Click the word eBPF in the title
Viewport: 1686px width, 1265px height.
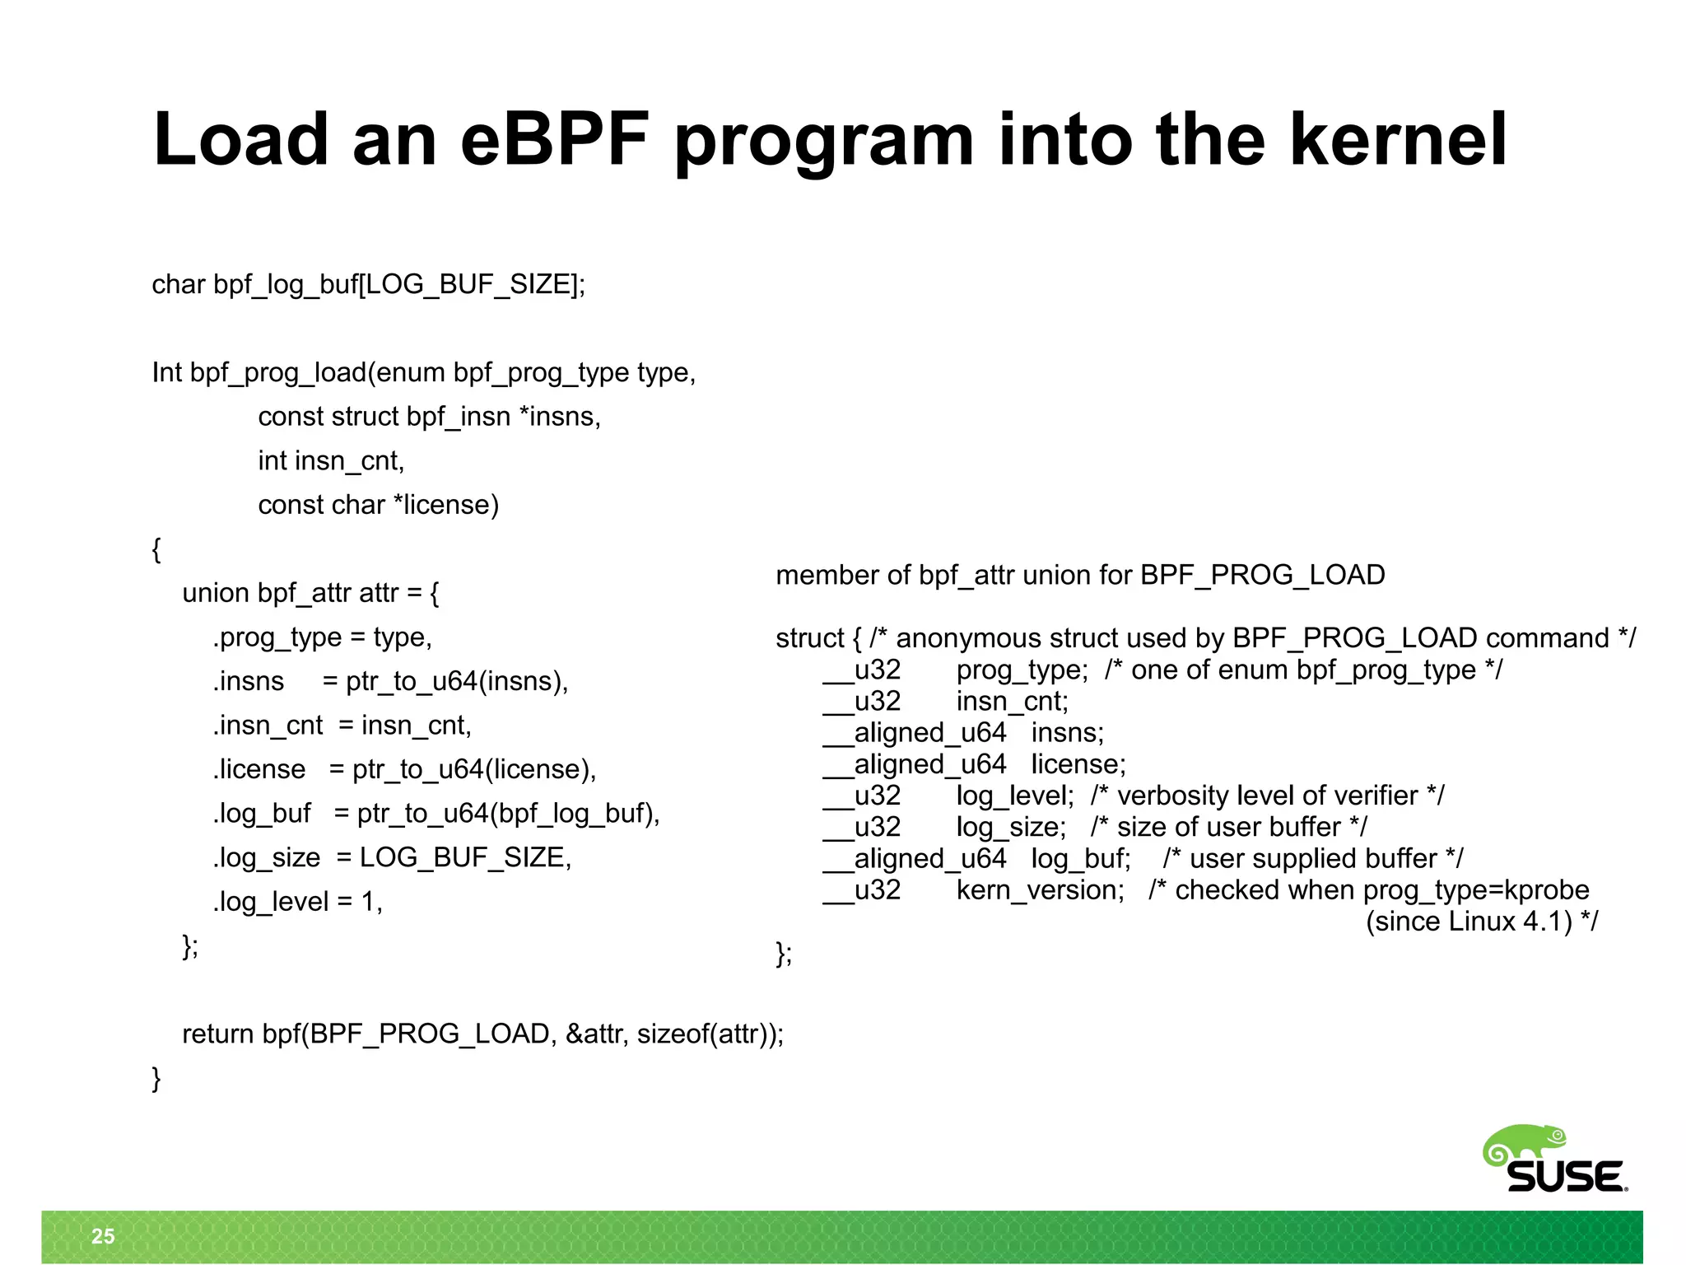(554, 140)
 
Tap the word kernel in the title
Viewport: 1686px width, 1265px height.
(1397, 140)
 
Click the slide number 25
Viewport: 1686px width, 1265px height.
(103, 1235)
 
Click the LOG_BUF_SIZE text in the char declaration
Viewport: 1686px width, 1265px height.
(468, 285)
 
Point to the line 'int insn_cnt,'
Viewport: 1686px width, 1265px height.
(331, 460)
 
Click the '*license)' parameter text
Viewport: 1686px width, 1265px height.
(446, 505)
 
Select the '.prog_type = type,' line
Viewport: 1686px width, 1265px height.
(322, 637)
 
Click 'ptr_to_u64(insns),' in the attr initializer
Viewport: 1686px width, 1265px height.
(457, 682)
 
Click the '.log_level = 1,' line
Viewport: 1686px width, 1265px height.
(298, 902)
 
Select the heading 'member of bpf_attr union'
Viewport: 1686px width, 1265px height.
(1079, 575)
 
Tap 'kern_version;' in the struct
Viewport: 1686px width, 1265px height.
(1040, 890)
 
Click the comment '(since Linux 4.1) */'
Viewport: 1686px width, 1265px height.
(1481, 922)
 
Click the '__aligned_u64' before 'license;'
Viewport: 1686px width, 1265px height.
(914, 764)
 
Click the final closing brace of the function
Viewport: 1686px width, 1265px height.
(156, 1078)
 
